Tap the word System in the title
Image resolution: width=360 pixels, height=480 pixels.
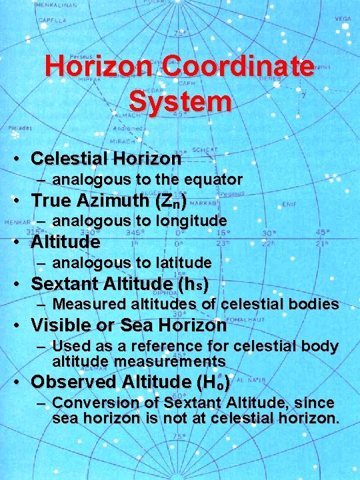coord(180,102)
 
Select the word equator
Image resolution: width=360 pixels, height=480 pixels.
coord(211,179)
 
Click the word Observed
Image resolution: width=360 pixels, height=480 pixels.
coord(74,382)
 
